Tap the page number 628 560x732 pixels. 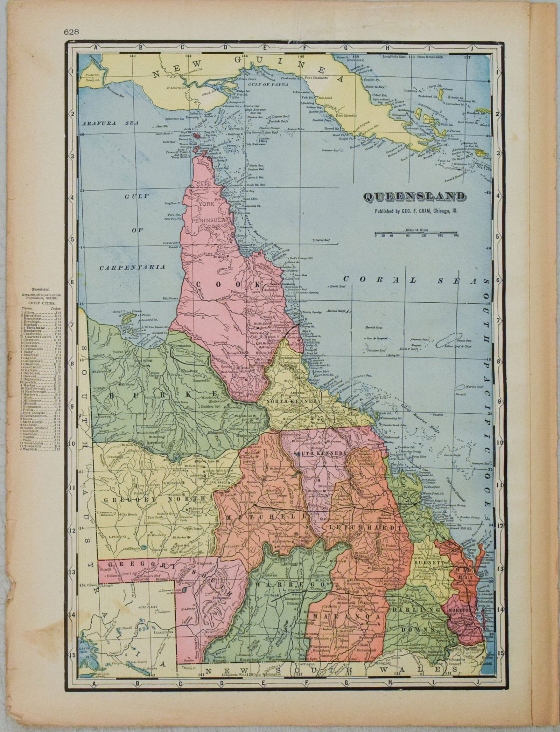[x=71, y=32]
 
